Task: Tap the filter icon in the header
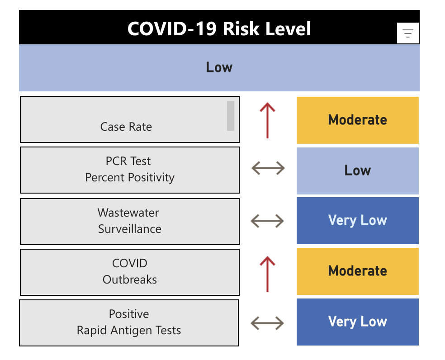408,33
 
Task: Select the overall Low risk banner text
219,67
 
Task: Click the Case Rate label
126,127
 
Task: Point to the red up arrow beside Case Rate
268,120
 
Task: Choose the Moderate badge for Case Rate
358,120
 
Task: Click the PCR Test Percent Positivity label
130,169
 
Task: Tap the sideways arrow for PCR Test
268,169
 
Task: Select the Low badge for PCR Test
358,171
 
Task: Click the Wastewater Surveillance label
130,221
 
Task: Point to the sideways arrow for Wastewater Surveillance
267,221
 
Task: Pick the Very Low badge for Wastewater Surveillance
358,221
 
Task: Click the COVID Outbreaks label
130,271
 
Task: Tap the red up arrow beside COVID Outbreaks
268,274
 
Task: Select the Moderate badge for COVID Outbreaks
358,271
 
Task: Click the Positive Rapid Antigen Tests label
129,322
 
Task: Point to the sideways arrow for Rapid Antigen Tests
267,323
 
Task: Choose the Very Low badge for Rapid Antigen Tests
358,322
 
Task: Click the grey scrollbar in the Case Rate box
231,116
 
